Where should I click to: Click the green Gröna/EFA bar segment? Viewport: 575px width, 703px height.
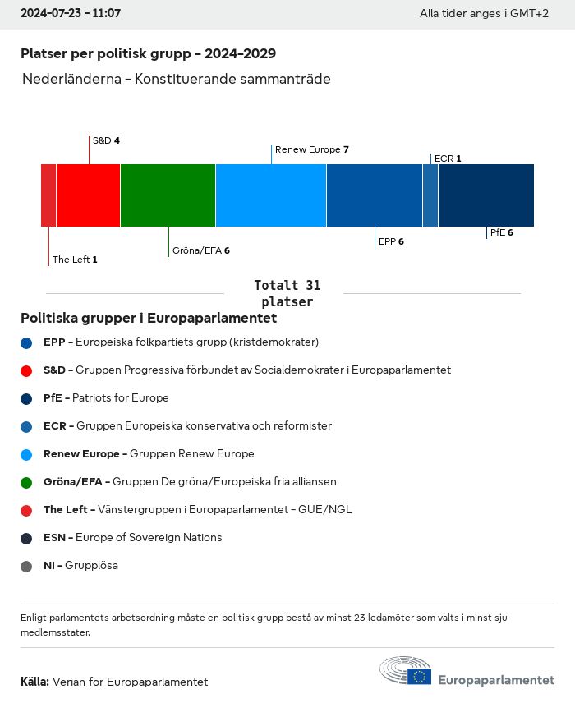[x=168, y=195]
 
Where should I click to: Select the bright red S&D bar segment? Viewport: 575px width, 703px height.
[x=88, y=195]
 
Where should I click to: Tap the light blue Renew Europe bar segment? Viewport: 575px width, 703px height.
[x=271, y=195]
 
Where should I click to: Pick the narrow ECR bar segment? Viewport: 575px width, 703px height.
[x=430, y=195]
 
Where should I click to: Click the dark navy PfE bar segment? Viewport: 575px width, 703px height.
[x=485, y=195]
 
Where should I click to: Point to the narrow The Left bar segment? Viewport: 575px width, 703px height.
[x=48, y=195]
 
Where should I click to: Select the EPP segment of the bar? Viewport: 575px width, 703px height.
[x=375, y=195]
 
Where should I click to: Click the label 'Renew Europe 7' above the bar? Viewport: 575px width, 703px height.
[x=312, y=149]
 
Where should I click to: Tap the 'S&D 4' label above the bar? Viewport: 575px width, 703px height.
[x=106, y=140]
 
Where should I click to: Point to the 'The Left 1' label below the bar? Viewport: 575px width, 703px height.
[x=75, y=260]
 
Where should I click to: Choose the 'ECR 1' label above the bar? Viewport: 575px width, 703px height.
[x=448, y=159]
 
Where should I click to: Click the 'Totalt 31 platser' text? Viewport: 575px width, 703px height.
[x=287, y=293]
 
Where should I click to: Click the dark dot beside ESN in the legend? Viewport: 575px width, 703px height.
[x=26, y=538]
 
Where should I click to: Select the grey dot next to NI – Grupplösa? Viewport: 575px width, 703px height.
[x=26, y=566]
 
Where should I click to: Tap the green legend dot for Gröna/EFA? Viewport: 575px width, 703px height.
[x=26, y=482]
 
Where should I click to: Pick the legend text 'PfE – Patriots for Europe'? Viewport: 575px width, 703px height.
[x=106, y=397]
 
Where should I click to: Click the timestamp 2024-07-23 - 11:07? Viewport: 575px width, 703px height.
[x=71, y=14]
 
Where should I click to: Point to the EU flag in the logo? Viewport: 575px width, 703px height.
[x=420, y=676]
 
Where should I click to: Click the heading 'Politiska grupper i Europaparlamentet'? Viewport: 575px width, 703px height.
[x=149, y=318]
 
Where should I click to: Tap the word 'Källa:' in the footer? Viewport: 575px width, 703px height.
[x=35, y=682]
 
